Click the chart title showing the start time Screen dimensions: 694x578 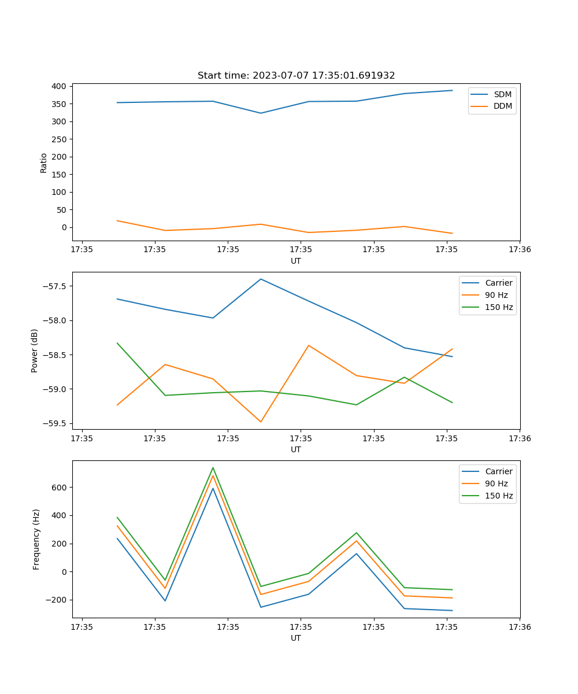(x=296, y=76)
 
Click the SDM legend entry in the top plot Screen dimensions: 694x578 (x=502, y=94)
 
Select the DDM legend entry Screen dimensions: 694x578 (x=502, y=106)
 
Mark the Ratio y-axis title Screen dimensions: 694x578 (x=44, y=163)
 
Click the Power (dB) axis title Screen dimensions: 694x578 (x=35, y=350)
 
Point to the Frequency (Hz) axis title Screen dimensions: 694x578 (x=36, y=539)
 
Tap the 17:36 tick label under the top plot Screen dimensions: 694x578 (x=520, y=250)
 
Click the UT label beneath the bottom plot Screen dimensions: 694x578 (x=296, y=638)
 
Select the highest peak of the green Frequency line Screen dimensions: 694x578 (x=213, y=468)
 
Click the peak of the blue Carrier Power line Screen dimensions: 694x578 (x=261, y=279)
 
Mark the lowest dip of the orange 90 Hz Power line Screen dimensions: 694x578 (x=261, y=422)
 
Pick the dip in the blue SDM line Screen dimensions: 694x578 (x=261, y=113)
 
